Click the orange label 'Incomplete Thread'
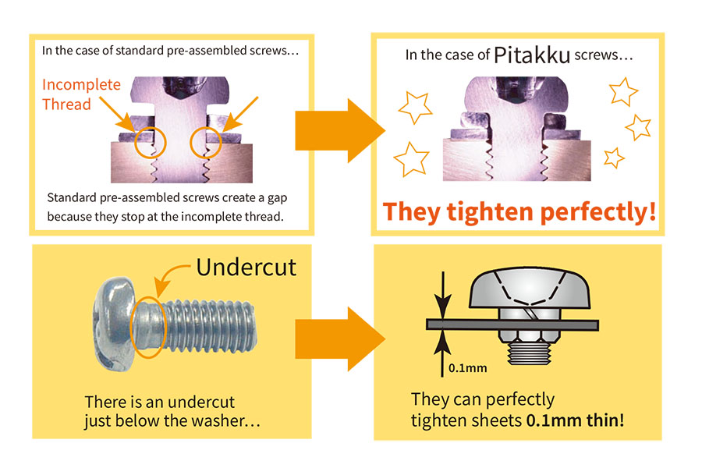tap(81, 94)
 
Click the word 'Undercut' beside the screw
tap(246, 267)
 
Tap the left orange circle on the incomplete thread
tap(150, 142)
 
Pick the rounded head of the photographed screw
tap(115, 324)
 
